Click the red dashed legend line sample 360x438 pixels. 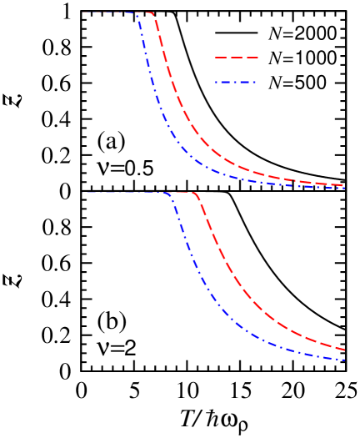pyautogui.click(x=237, y=58)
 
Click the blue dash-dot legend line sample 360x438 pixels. pyautogui.click(x=236, y=83)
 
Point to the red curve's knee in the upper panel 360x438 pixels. pyautogui.click(x=153, y=14)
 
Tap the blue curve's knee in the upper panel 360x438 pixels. pyautogui.click(x=137, y=14)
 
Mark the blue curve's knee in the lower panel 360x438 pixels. pyautogui.click(x=169, y=194)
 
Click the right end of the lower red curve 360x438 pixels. pyautogui.click(x=344, y=350)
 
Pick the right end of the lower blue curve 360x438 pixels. pyautogui.click(x=344, y=360)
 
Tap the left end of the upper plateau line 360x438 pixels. pyautogui.click(x=84, y=13)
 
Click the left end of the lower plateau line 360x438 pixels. pyautogui.click(x=85, y=193)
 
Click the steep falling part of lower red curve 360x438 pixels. pyautogui.click(x=218, y=250)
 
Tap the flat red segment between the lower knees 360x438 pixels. pyautogui.click(x=182, y=193)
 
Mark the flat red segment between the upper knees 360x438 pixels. pyautogui.click(x=146, y=13)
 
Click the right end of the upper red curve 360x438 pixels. pyautogui.click(x=343, y=185)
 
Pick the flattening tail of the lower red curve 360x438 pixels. pyautogui.click(x=308, y=337)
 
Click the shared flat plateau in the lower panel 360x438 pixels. pyautogui.click(x=125, y=193)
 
